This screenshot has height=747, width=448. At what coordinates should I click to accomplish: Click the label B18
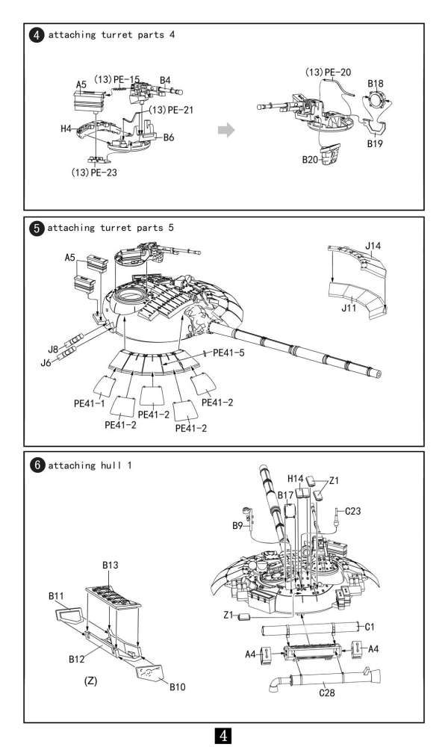click(x=376, y=83)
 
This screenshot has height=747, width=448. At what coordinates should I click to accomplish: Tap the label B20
click(x=311, y=159)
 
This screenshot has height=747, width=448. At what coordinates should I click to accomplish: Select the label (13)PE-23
click(x=94, y=172)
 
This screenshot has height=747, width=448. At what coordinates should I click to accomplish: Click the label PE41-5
click(x=229, y=353)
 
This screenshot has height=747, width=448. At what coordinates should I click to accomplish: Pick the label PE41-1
click(x=89, y=403)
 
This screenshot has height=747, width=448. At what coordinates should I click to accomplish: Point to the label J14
click(x=373, y=245)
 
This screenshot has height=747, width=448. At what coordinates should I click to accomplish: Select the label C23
click(x=353, y=512)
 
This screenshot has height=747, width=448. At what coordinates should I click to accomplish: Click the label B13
click(x=111, y=565)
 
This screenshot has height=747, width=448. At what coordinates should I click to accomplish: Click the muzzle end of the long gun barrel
click(x=382, y=374)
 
